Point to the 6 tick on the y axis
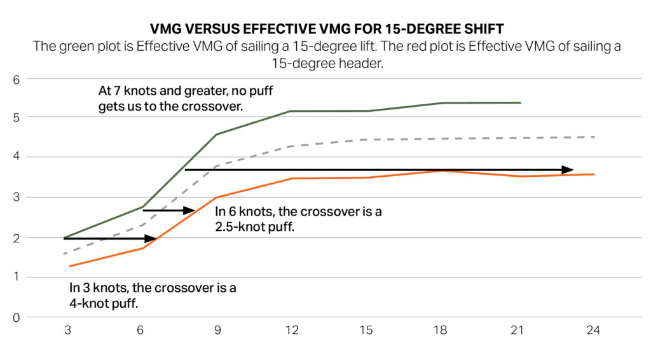pos(17,79)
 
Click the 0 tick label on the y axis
pos(17,317)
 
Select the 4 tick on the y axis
pos(17,157)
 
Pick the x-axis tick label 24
pos(593,331)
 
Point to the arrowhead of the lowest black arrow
pos(152,239)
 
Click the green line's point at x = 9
pos(216,134)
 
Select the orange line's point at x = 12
pos(291,179)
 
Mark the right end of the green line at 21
pos(520,102)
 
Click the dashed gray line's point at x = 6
pos(141,225)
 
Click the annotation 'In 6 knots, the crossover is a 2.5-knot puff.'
pos(298,219)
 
